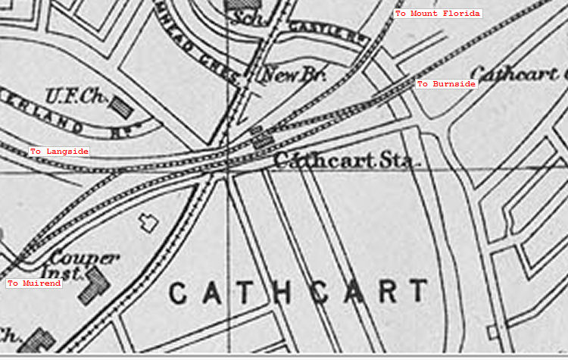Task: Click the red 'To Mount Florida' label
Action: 437,14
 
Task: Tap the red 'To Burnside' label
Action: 446,83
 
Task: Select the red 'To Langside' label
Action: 59,152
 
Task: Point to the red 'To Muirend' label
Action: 33,283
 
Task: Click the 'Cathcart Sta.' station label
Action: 345,161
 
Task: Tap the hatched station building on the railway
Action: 264,139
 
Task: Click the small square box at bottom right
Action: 495,332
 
